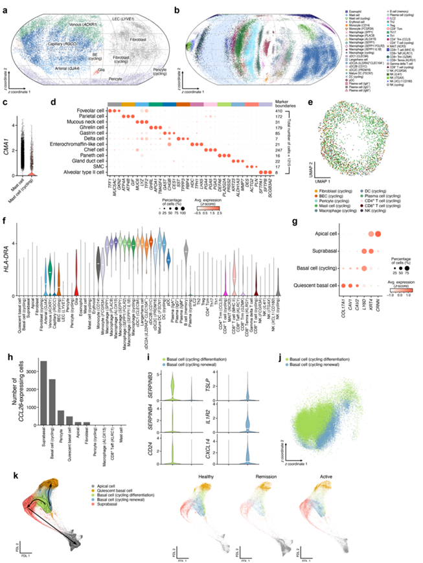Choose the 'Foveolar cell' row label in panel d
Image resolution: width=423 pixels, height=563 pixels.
coord(88,110)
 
